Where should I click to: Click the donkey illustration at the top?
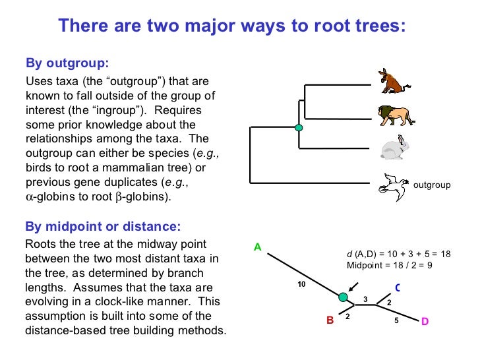tap(394, 80)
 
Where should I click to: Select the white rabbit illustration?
tap(394, 148)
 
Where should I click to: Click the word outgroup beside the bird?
tap(432, 185)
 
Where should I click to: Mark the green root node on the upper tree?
tap(299, 127)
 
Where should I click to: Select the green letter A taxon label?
tap(258, 247)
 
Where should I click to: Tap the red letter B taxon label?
tap(330, 320)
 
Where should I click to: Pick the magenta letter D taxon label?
tap(425, 321)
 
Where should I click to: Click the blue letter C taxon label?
tap(398, 287)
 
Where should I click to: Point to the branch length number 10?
tap(303, 285)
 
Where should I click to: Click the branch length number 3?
tap(365, 300)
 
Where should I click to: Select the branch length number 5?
tap(396, 320)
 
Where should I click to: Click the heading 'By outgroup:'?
tap(67, 63)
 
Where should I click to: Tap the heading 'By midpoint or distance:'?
tap(102, 227)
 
